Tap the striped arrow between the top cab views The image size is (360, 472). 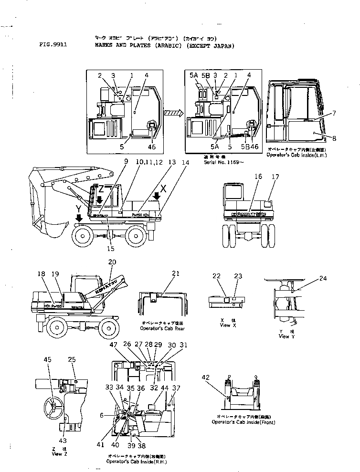tap(173, 113)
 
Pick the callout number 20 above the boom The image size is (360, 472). tap(112, 262)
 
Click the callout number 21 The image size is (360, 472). tap(176, 273)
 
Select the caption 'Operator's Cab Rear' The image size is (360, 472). tap(159, 329)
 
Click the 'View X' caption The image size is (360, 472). tap(224, 325)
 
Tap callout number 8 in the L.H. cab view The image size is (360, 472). tap(334, 139)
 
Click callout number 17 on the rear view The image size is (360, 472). tap(275, 177)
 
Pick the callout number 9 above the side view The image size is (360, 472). tap(126, 162)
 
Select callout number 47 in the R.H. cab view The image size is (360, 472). tap(114, 344)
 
